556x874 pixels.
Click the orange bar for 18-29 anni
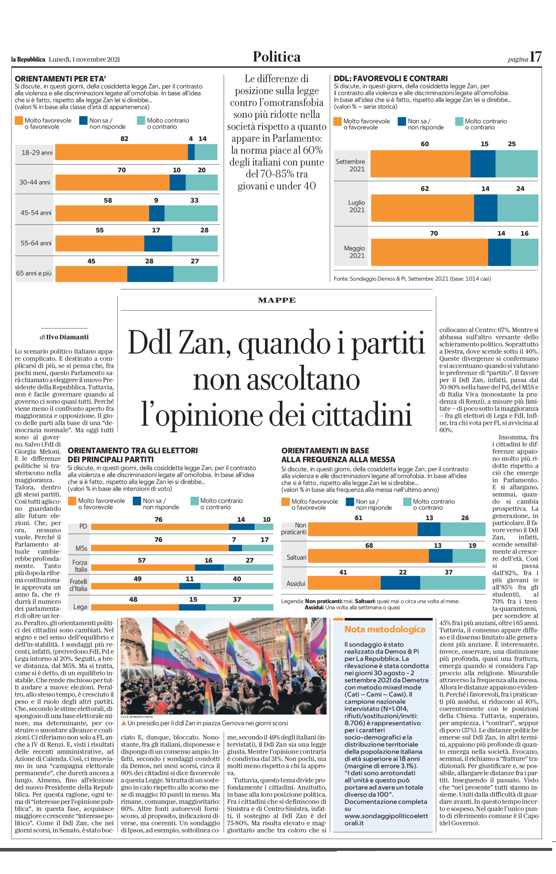121,152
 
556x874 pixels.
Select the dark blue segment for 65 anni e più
150,274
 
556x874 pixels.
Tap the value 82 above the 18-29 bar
124,139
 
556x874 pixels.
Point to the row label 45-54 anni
36,213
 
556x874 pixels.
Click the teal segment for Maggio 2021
525,252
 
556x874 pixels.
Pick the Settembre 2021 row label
350,165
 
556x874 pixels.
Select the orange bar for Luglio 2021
423,208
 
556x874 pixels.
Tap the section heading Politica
277,57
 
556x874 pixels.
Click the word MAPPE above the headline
277,300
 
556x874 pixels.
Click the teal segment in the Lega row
239,607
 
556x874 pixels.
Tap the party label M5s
81,548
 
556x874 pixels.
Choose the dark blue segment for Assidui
400,582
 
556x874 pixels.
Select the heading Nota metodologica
385,629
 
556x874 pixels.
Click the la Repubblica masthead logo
28,59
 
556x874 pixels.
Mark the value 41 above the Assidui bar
343,573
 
